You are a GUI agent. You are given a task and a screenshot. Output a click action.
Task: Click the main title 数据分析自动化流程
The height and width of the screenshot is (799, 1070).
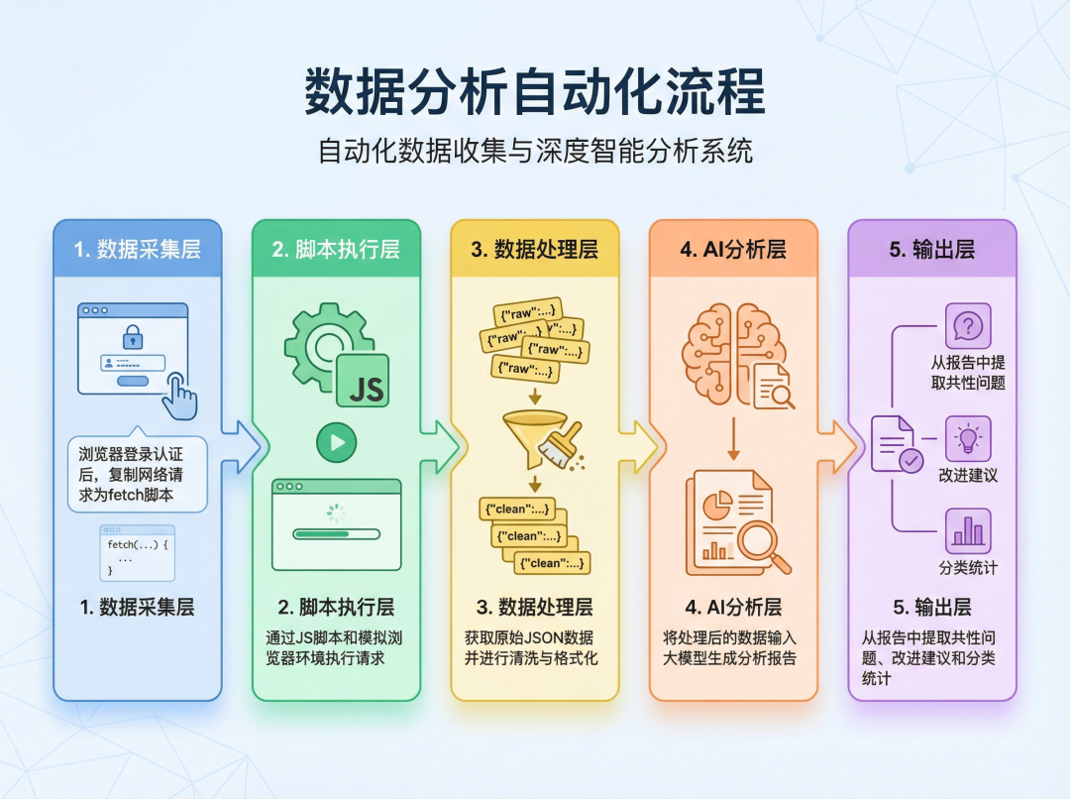click(x=535, y=91)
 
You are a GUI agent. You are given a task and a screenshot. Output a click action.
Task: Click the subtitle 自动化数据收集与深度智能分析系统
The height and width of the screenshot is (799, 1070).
click(x=535, y=151)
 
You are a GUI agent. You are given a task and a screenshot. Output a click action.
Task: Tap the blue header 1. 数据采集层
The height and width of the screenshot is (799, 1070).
click(x=137, y=249)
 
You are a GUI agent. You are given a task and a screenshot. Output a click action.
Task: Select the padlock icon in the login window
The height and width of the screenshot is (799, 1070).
click(x=133, y=336)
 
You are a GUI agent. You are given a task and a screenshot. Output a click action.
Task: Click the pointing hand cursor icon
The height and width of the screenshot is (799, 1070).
click(x=179, y=396)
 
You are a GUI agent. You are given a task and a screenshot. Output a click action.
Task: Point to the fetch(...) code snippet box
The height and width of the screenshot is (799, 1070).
click(x=137, y=553)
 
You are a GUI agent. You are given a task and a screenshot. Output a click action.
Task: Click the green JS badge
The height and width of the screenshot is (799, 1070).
click(x=363, y=381)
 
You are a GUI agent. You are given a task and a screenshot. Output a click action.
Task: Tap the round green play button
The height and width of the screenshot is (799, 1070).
click(x=337, y=442)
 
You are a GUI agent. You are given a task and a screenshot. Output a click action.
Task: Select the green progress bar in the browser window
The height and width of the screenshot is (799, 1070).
click(x=337, y=534)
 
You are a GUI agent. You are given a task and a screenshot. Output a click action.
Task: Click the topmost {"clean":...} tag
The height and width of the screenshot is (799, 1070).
click(x=516, y=509)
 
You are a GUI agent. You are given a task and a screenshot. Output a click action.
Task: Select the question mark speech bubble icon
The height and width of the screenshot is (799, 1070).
click(x=968, y=326)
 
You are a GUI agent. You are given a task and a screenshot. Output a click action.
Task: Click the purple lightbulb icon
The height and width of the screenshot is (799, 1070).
click(x=968, y=438)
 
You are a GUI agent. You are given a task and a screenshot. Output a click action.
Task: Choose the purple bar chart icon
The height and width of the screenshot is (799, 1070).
click(x=968, y=530)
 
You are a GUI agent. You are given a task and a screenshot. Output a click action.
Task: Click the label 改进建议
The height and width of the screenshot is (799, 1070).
click(x=968, y=475)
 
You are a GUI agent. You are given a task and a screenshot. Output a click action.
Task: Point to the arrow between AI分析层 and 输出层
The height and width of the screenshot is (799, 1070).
click(x=836, y=447)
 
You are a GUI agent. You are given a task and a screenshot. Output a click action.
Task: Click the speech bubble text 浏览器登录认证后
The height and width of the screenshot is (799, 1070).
click(x=131, y=464)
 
